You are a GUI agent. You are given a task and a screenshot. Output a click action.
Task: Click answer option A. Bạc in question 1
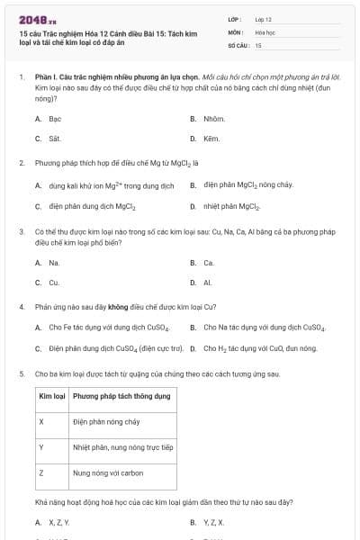coord(49,119)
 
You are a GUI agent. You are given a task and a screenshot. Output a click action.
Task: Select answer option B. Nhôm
coord(208,119)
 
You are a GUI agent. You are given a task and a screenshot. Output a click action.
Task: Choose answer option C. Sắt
coord(49,139)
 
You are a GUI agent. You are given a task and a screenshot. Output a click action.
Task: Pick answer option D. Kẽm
coord(207,139)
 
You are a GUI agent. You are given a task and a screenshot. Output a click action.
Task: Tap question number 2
coord(22,163)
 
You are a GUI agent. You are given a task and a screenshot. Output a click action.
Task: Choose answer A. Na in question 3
coord(49,263)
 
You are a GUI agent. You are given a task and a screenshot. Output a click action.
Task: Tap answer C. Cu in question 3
coord(49,283)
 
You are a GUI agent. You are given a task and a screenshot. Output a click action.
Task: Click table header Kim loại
coord(51,396)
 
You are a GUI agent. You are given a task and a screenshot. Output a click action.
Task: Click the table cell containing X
coord(41,421)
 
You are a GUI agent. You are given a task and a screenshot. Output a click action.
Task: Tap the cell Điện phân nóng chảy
coord(106,421)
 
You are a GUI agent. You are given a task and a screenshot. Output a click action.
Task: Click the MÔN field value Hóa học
coord(264,31)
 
